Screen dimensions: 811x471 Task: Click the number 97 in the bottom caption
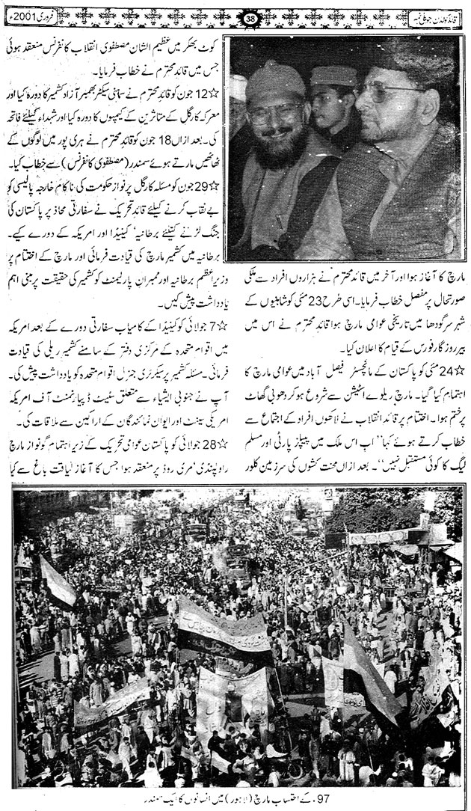coord(442,798)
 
